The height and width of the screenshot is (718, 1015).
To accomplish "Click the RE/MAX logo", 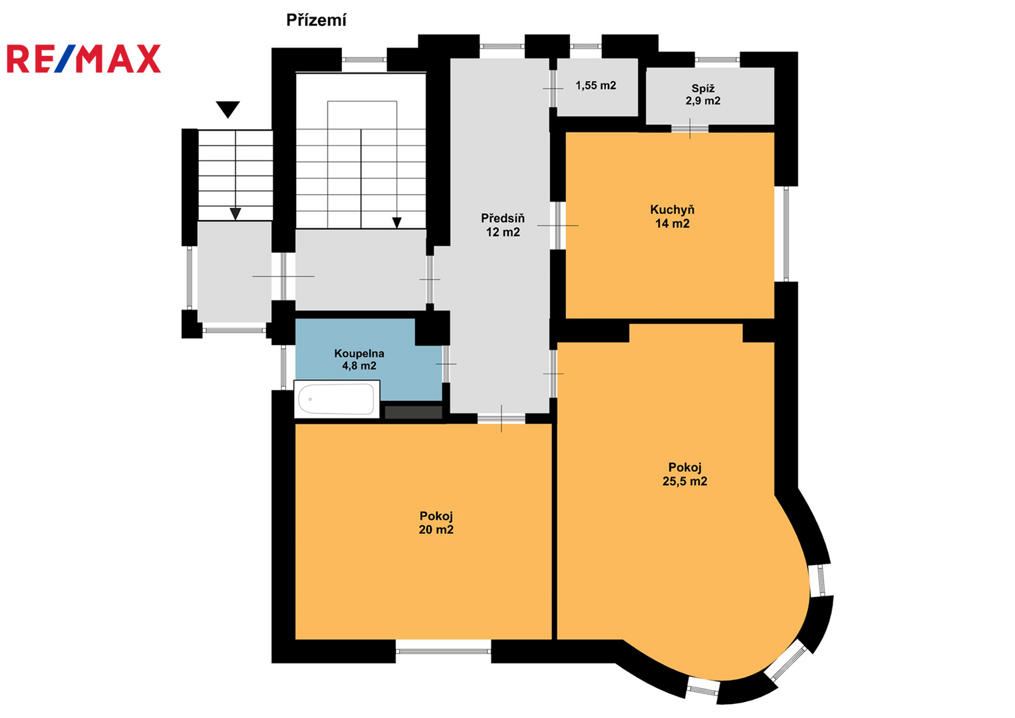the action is point(84,59).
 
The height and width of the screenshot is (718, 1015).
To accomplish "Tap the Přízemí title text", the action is point(317,21).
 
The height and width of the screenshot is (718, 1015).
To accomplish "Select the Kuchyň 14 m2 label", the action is point(672,217).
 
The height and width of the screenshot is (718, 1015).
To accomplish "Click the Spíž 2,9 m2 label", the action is point(703,94).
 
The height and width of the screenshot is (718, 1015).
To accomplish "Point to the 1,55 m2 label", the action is point(596,86).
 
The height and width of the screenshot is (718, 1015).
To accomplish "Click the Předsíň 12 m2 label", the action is point(503,225).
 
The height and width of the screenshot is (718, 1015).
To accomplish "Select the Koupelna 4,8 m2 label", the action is point(359,360).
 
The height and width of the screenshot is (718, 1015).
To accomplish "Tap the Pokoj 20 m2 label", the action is point(436,523).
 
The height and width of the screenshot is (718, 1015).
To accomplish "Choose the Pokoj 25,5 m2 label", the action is point(684,474).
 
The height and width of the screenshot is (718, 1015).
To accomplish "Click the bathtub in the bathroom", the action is point(337,399).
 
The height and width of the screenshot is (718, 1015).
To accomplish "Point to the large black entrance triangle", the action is point(227,110).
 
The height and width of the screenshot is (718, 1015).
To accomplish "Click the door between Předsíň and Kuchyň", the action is point(558,225).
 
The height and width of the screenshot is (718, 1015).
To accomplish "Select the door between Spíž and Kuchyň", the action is point(690,129).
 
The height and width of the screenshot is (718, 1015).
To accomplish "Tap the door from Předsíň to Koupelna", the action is point(446,364).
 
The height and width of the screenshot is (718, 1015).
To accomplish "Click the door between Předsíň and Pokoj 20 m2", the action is point(501,419).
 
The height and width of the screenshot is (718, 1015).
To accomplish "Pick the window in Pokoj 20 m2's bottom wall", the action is point(443,652).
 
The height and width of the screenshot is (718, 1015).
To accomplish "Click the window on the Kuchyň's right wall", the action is point(786,234).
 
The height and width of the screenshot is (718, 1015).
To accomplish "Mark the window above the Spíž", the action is point(717,59).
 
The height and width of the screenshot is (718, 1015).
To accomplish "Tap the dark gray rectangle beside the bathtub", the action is point(413,412).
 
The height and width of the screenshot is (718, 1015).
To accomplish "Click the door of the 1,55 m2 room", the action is point(553,88).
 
